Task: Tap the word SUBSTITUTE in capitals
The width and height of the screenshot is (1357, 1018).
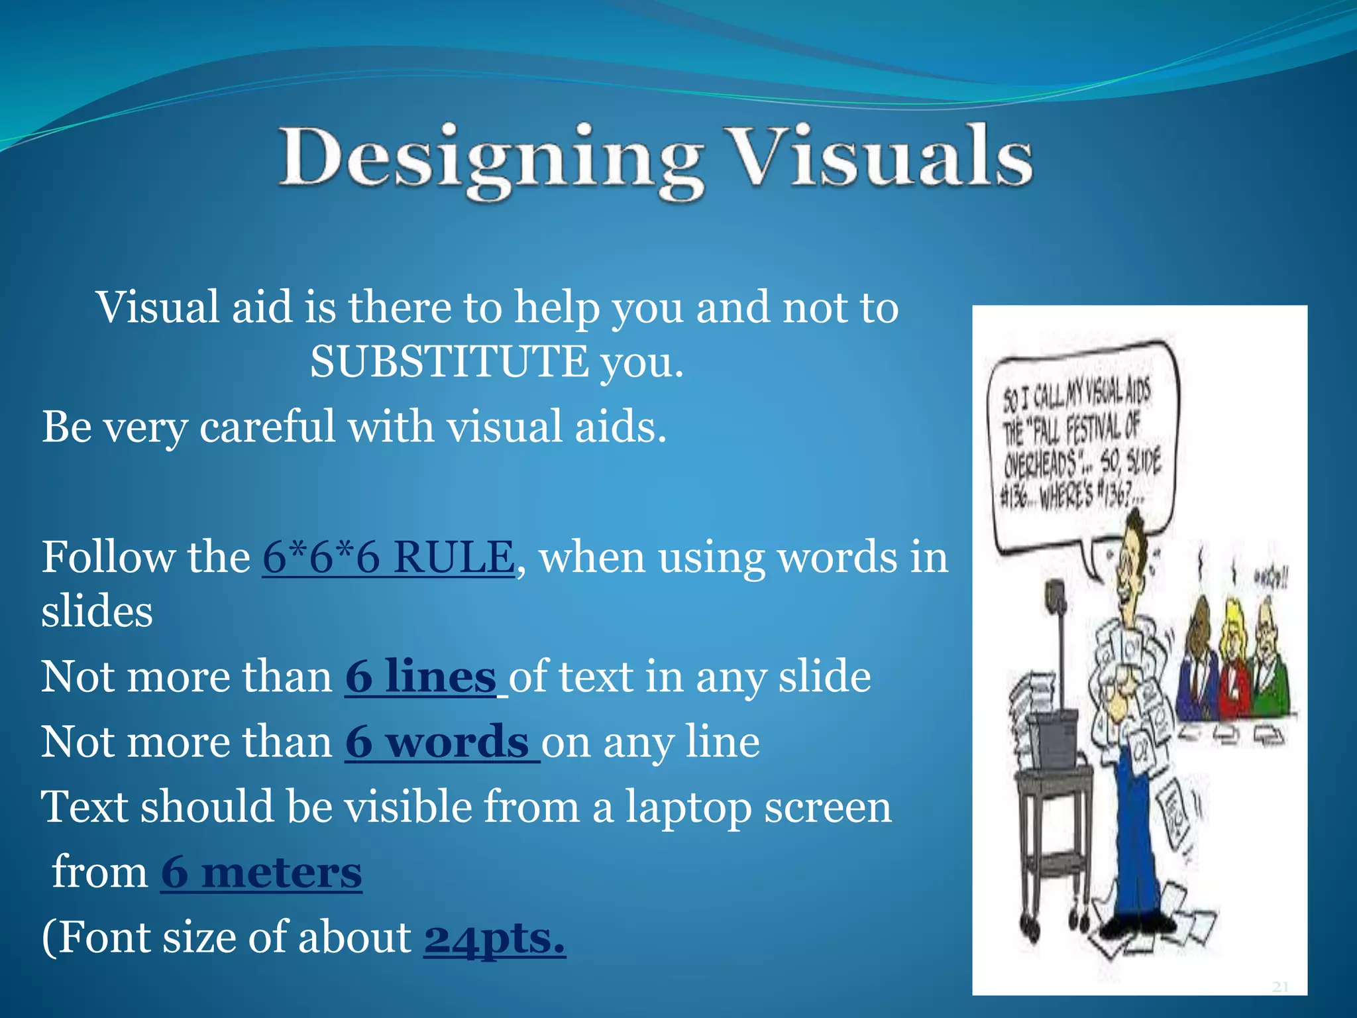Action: click(449, 362)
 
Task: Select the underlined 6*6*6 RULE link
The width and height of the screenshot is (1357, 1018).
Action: click(388, 557)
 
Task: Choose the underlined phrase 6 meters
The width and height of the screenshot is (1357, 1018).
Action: click(262, 873)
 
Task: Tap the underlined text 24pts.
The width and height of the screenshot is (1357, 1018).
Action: click(494, 938)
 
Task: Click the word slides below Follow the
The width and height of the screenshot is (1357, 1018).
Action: click(97, 611)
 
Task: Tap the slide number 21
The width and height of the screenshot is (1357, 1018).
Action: click(1280, 987)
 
